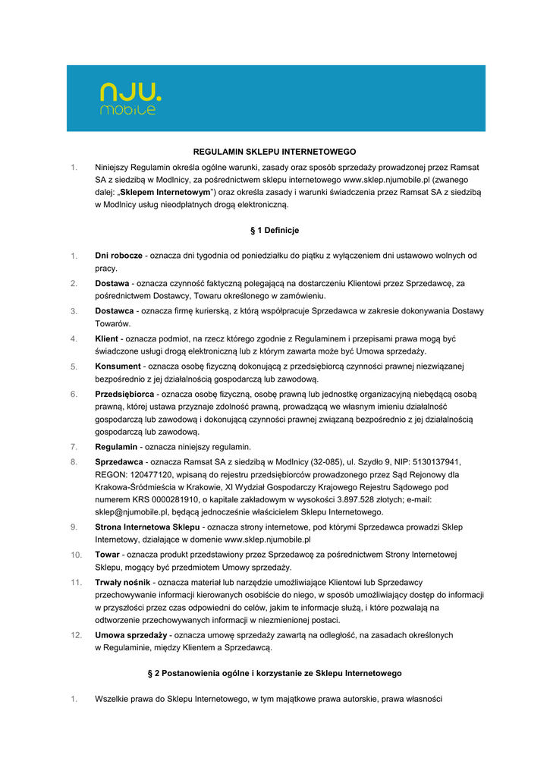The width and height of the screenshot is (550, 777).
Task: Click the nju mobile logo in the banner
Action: coord(130,99)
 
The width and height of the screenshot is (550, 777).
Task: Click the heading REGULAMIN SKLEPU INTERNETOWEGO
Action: coord(275,152)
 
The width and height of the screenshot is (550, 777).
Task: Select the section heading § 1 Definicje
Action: coord(275,230)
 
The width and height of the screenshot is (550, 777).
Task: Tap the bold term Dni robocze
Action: coord(118,255)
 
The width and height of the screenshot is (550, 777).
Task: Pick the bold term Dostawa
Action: coord(112,283)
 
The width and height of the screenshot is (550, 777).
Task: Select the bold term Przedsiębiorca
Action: coord(124,394)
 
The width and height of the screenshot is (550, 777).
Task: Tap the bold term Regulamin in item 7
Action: coord(116,446)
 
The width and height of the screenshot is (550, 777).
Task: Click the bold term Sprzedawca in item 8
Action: coord(119,461)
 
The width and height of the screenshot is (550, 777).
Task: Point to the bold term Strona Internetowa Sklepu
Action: coord(147,527)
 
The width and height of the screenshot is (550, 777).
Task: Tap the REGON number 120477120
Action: coord(146,474)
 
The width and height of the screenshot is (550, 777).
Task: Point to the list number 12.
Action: coord(76,634)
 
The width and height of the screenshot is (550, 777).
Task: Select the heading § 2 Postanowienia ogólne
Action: coord(275,673)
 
